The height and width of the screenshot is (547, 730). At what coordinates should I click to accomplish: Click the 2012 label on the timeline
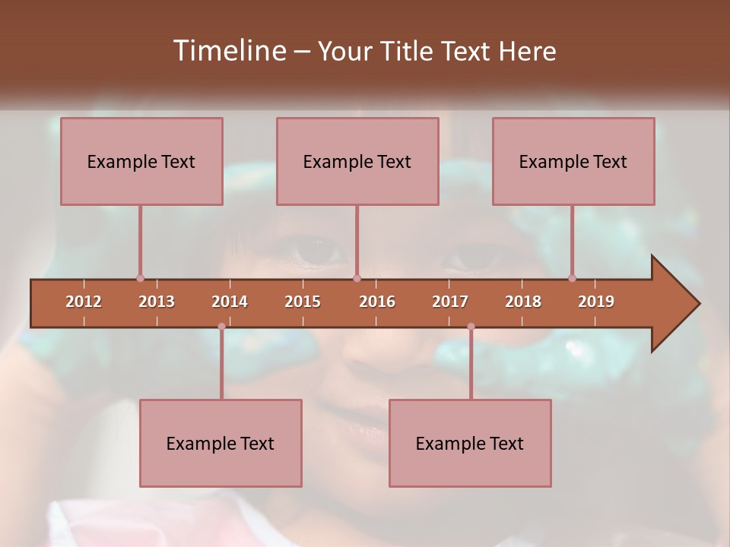(x=84, y=302)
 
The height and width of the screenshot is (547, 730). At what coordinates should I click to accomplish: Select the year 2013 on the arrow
(x=157, y=302)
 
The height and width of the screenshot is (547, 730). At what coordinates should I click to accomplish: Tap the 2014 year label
(x=230, y=302)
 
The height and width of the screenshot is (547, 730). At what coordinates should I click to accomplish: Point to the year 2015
(x=303, y=302)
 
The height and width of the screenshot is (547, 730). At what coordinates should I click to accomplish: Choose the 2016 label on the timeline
(x=377, y=302)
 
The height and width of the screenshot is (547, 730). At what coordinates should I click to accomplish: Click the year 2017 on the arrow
(x=450, y=302)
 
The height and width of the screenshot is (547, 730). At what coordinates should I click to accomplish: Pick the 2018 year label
(x=523, y=302)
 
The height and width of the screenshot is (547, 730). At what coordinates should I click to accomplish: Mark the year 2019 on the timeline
(x=596, y=302)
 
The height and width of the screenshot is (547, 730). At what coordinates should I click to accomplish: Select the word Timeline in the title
(x=228, y=51)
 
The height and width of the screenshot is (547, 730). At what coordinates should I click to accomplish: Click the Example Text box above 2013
(x=141, y=161)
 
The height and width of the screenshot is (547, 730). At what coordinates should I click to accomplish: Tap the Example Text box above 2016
(x=357, y=161)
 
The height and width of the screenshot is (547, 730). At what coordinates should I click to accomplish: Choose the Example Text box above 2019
(x=573, y=161)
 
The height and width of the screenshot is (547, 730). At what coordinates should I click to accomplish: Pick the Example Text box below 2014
(x=221, y=443)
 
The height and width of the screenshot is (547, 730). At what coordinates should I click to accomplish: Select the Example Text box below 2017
(x=470, y=443)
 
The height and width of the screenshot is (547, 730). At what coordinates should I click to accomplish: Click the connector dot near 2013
(x=140, y=279)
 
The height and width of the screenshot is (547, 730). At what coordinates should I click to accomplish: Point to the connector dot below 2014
(x=221, y=327)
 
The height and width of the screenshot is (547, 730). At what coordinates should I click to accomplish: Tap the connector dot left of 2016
(x=357, y=279)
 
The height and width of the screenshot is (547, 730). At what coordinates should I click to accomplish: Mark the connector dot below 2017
(x=471, y=327)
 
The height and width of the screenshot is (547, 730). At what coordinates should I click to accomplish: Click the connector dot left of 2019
(x=572, y=279)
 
